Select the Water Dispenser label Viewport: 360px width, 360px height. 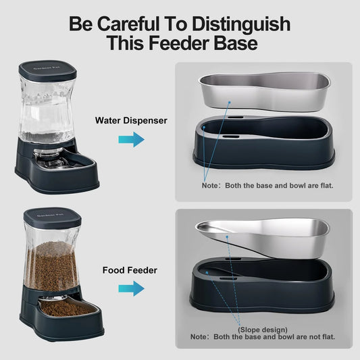pyautogui.click(x=131, y=121)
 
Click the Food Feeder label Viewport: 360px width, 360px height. pyautogui.click(x=130, y=270)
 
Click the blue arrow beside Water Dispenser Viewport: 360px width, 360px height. pyautogui.click(x=131, y=140)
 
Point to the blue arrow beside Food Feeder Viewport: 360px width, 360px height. pyautogui.click(x=131, y=288)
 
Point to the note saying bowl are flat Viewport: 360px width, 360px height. pyautogui.click(x=267, y=184)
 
